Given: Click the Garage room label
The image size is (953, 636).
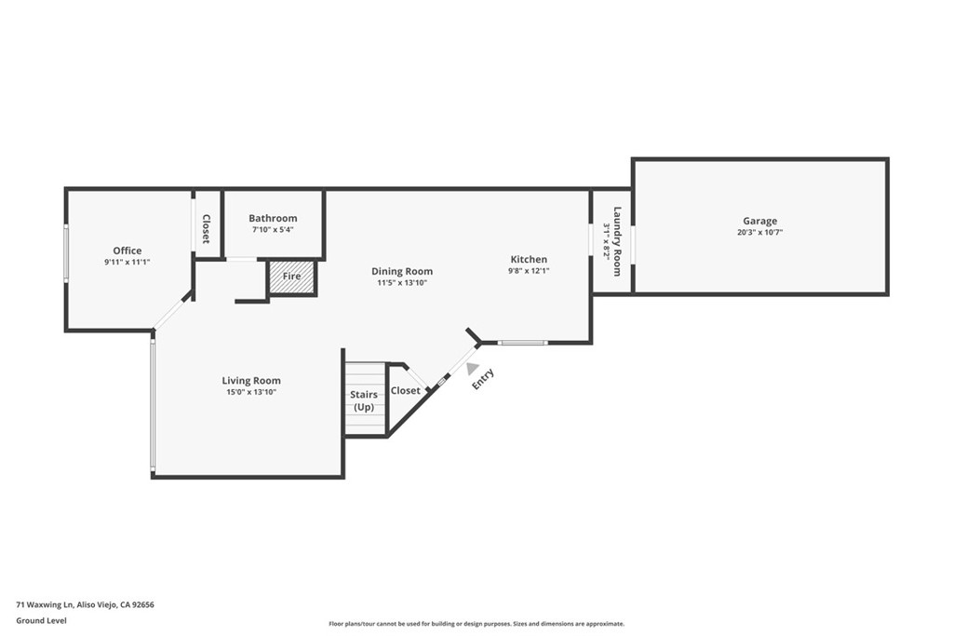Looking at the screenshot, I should click(x=759, y=221).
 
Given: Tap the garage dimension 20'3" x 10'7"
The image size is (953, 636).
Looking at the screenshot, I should click(x=759, y=233).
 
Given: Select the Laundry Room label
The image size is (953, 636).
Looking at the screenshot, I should click(x=616, y=241).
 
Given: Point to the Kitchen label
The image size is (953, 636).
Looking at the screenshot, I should click(x=529, y=259).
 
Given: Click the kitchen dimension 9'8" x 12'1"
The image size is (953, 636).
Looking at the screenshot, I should click(x=529, y=271).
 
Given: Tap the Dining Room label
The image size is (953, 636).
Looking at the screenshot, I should click(x=402, y=271).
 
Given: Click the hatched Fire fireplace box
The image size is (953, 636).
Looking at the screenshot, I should click(x=292, y=277).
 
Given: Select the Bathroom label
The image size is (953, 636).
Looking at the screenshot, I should click(x=273, y=218).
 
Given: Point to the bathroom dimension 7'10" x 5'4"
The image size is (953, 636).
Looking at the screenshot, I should click(x=273, y=229).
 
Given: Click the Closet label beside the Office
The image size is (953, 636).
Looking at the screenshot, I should click(x=207, y=229).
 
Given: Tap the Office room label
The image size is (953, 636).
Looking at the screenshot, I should click(x=128, y=250).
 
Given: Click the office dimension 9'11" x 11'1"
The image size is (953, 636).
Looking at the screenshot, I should click(x=128, y=263).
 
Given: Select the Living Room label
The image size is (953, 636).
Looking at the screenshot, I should click(x=251, y=380).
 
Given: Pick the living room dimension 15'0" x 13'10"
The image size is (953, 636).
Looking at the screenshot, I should click(x=251, y=392).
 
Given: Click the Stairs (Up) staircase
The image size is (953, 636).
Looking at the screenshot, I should click(x=364, y=400).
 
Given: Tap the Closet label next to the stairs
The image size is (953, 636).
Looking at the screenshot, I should click(x=406, y=390).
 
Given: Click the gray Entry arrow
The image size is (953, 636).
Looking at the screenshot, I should click(x=473, y=369).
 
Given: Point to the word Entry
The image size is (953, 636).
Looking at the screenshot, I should click(x=483, y=379).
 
